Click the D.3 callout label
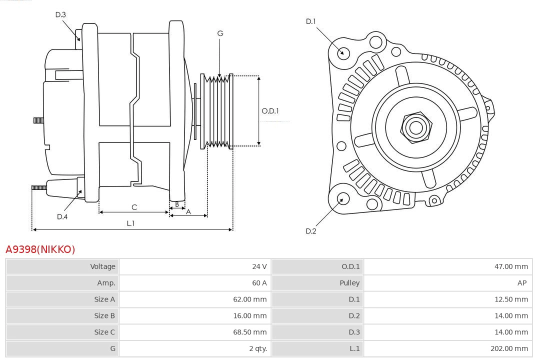(60, 15)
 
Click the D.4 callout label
(62, 216)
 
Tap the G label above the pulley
(220, 33)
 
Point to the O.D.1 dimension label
(270, 111)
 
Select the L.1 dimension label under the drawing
(130, 223)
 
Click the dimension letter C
(134, 207)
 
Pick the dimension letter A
(188, 211)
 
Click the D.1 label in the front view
(311, 21)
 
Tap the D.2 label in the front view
(311, 231)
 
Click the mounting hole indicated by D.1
(343, 52)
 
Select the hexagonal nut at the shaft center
(415, 127)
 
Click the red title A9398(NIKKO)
(40, 249)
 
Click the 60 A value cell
(259, 283)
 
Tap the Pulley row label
(349, 283)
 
